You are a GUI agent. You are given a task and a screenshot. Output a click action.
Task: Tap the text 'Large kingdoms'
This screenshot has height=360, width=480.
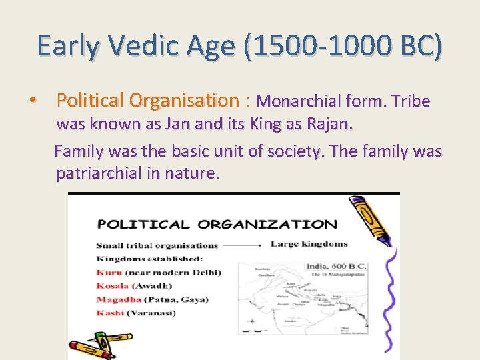309,245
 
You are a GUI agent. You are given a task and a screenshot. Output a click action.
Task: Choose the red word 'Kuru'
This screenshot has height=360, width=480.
109,272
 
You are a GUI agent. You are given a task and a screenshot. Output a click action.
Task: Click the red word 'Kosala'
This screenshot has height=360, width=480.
113,285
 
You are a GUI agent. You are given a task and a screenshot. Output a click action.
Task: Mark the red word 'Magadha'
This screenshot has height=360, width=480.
118,299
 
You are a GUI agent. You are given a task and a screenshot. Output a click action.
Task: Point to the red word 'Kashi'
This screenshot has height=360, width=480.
110,313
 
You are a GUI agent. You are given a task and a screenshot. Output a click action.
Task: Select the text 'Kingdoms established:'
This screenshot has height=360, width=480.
149,258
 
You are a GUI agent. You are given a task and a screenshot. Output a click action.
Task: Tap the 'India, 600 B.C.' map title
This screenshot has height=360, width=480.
335,266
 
